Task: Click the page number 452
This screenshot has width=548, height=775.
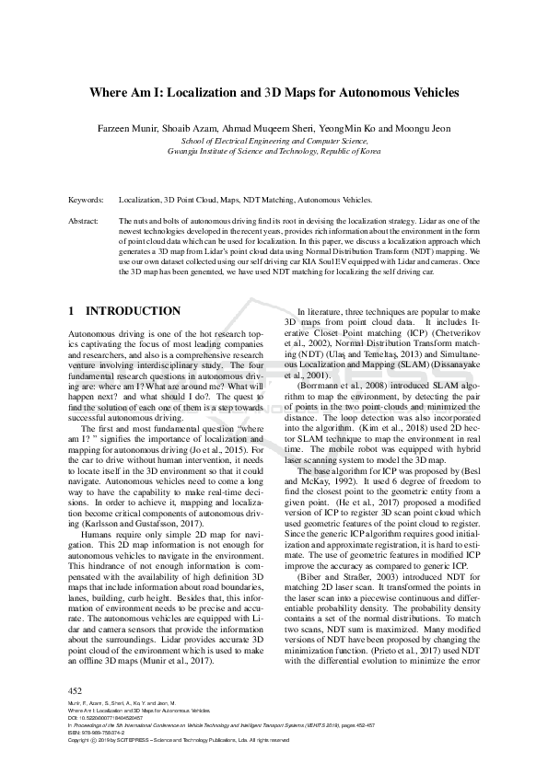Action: click(76, 690)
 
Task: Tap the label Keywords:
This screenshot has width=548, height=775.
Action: click(86, 199)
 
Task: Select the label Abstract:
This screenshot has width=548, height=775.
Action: click(84, 222)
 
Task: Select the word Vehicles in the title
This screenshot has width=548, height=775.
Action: click(428, 93)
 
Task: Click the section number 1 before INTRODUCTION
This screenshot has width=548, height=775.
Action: click(73, 312)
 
